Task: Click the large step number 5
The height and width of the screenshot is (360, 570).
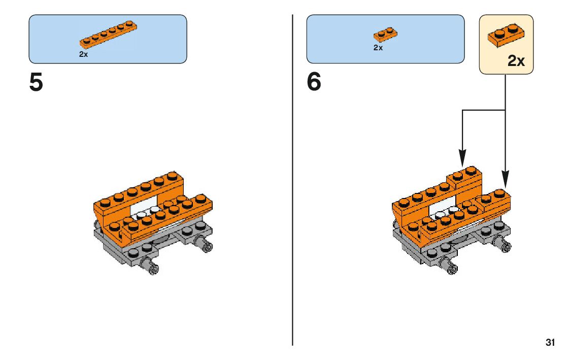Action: pyautogui.click(x=37, y=82)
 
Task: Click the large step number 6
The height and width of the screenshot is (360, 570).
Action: pyautogui.click(x=314, y=82)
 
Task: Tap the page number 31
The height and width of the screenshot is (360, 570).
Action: pyautogui.click(x=550, y=342)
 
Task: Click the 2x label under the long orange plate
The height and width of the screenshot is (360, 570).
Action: pyautogui.click(x=83, y=54)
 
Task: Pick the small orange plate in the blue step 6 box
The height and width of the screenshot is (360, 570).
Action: pyautogui.click(x=385, y=35)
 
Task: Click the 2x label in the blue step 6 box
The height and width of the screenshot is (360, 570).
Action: pyautogui.click(x=378, y=48)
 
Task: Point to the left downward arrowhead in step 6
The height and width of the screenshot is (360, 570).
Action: pyautogui.click(x=462, y=157)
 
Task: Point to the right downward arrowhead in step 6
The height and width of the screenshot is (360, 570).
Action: pyautogui.click(x=505, y=179)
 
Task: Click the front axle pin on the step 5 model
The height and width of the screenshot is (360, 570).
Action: pyautogui.click(x=151, y=266)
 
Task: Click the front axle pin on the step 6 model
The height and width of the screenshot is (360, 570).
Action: pyautogui.click(x=450, y=267)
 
